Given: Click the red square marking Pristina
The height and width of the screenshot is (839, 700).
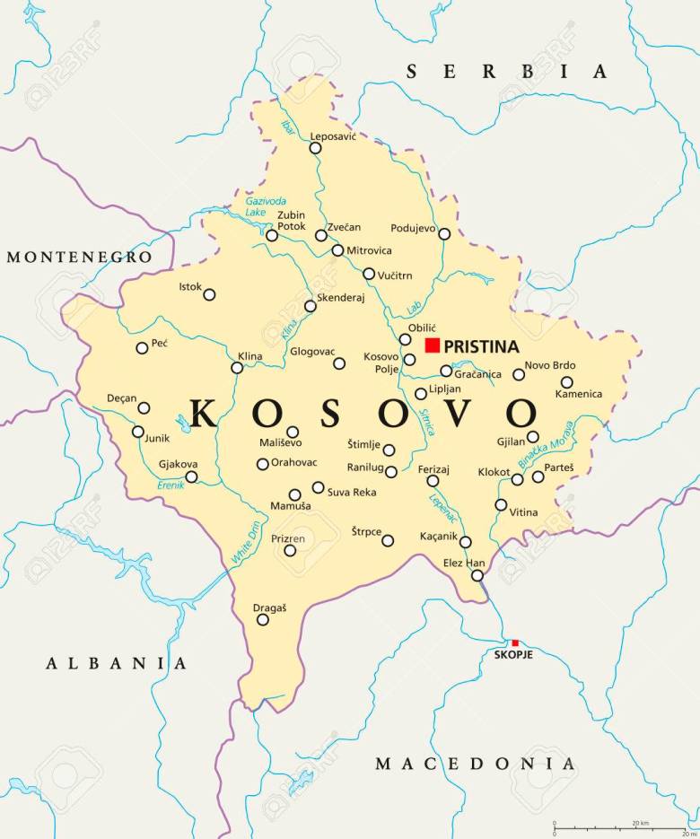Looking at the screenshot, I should (x=433, y=345).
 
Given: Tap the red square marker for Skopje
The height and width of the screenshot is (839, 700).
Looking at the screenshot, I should (x=515, y=642).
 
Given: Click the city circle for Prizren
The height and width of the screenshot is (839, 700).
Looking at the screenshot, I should (x=290, y=550).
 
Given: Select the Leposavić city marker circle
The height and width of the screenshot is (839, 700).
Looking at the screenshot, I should (x=315, y=148).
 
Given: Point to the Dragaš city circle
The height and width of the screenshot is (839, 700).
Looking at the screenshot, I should (x=263, y=619).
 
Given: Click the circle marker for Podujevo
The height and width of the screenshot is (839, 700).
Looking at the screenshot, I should (x=444, y=233).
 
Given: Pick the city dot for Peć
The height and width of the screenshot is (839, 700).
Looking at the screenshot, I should (x=142, y=348).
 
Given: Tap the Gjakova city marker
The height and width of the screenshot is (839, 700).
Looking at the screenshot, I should (x=191, y=476).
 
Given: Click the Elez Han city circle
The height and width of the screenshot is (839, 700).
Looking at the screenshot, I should (x=477, y=575).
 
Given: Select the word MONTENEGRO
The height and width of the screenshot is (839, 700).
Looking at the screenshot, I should (x=79, y=258).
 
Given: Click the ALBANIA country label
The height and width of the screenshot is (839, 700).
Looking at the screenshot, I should (x=118, y=664).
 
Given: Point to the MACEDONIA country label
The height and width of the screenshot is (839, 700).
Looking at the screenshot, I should (x=475, y=765).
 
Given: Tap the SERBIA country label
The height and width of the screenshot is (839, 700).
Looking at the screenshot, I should (x=508, y=72).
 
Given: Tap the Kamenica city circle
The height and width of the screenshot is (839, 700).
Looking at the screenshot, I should (x=566, y=382).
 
